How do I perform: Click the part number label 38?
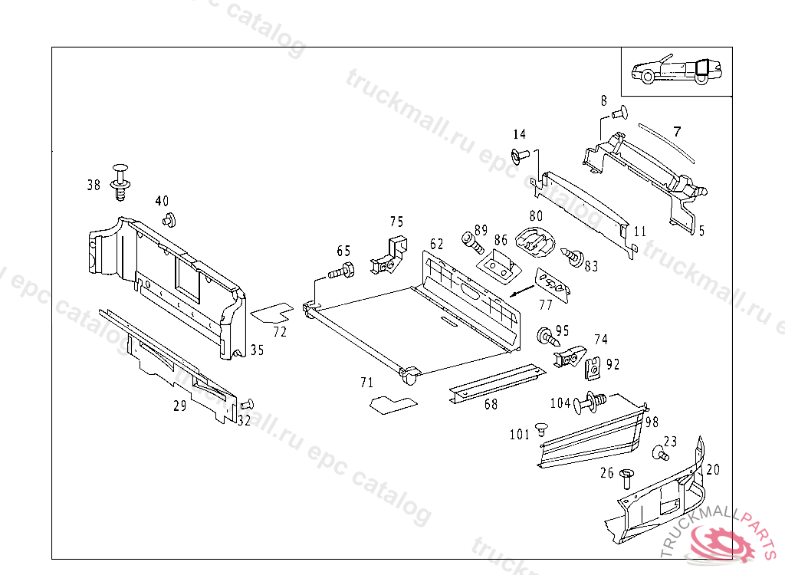point(94,185)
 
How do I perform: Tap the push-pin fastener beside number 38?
point(120,182)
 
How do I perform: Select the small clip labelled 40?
point(168,221)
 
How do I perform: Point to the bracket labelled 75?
point(390,255)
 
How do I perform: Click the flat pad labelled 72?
point(272,312)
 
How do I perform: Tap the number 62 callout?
point(436,244)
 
